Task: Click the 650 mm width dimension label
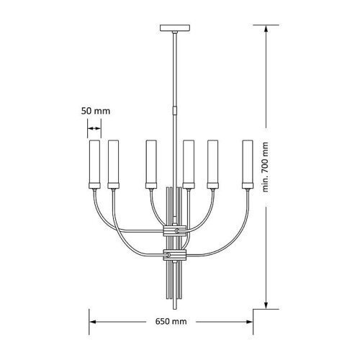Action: pos(171,321)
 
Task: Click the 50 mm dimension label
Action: pos(96,111)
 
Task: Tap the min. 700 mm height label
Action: pos(265,167)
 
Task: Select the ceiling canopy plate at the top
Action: pos(175,27)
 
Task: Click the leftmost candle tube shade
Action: pos(94,161)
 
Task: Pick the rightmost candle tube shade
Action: pos(248,161)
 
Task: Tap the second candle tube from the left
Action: pos(113,161)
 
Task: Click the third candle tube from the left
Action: pos(151,161)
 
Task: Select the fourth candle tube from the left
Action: pos(189,161)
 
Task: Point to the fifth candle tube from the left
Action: pos(213,161)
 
